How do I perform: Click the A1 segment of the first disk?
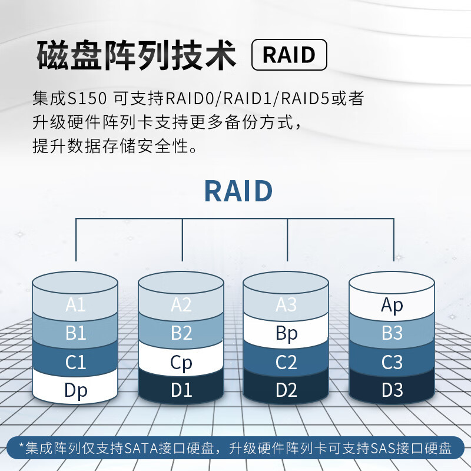click(x=75, y=305)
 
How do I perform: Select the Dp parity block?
click(x=75, y=390)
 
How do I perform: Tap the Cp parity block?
click(x=181, y=363)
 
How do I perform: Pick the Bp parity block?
click(x=286, y=333)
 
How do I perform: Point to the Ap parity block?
click(x=392, y=305)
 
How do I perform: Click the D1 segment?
click(x=181, y=390)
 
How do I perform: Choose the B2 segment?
click(x=181, y=333)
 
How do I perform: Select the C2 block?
click(x=286, y=363)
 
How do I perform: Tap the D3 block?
click(x=392, y=390)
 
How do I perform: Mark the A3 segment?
click(x=286, y=305)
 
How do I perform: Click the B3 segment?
click(x=392, y=333)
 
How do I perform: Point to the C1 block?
click(x=75, y=363)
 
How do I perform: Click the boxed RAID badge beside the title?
click(x=288, y=55)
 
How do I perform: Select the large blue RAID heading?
click(x=238, y=191)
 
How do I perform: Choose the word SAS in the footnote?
click(x=384, y=449)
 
